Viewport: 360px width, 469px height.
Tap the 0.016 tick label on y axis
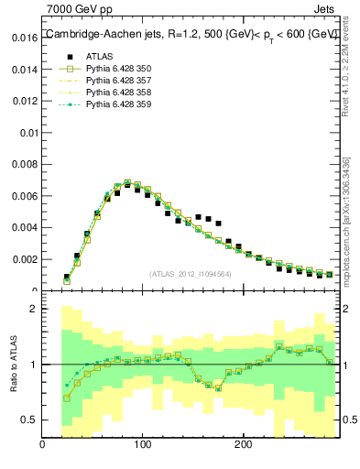[25, 38]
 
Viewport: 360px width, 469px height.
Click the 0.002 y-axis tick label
[25, 259]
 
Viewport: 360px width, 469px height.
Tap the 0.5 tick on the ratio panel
[29, 420]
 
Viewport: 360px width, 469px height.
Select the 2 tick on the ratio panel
[34, 309]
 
